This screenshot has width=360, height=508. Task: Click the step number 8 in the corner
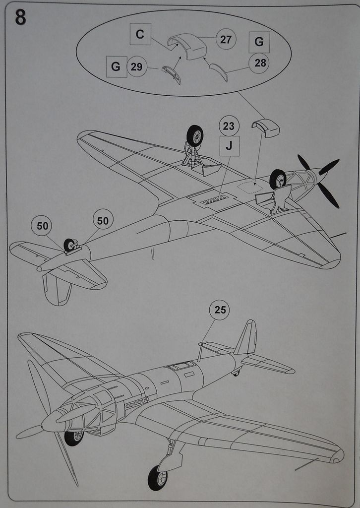click(x=20, y=17)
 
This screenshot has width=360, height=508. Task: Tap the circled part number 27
click(x=226, y=40)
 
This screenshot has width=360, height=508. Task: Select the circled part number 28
click(x=259, y=63)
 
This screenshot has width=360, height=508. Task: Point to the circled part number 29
click(x=137, y=66)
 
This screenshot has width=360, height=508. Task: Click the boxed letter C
click(x=140, y=34)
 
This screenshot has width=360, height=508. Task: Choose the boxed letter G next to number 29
click(x=116, y=66)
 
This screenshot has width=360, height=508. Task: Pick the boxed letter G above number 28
click(x=259, y=42)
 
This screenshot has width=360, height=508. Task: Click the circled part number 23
click(x=228, y=126)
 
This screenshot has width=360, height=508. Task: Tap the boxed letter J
click(x=229, y=146)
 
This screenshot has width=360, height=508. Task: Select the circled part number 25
click(x=220, y=310)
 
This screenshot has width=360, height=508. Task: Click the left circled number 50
click(x=42, y=226)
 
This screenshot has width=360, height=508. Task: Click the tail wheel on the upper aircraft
click(x=69, y=245)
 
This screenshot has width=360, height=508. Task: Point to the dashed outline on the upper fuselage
click(x=251, y=188)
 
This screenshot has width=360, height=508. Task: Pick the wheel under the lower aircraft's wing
click(x=157, y=478)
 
